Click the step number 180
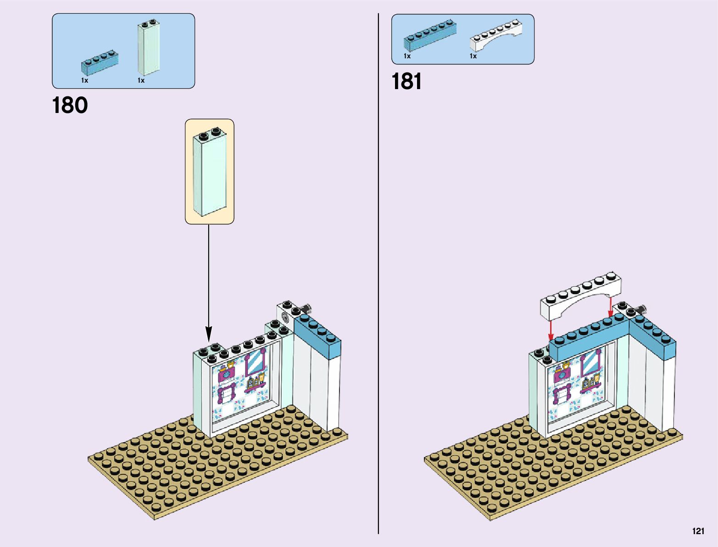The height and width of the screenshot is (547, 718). (x=70, y=105)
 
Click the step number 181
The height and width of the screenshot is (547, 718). (x=406, y=82)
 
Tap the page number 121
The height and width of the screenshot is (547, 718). (x=698, y=531)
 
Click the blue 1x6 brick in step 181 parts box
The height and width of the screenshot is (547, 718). (x=430, y=35)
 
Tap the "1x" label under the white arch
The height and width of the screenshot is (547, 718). (x=473, y=56)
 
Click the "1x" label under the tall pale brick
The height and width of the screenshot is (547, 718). (x=141, y=80)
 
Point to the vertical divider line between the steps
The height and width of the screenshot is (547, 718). (x=378, y=276)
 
